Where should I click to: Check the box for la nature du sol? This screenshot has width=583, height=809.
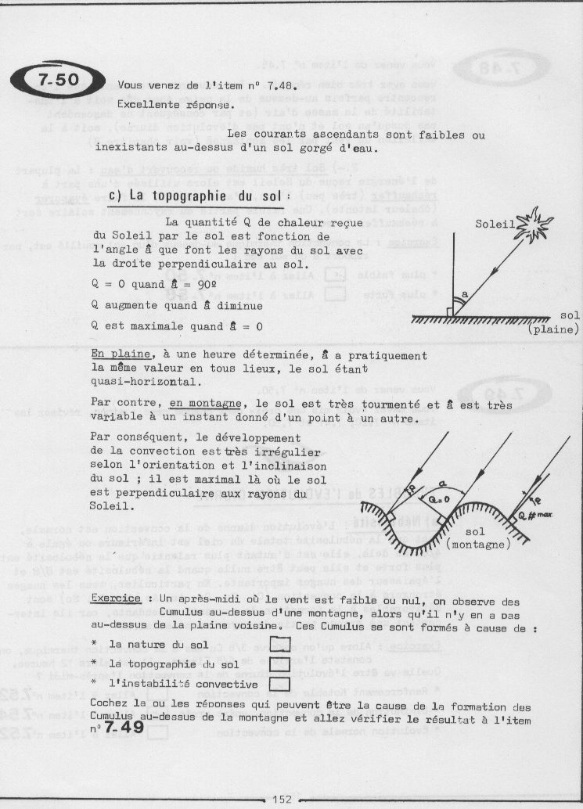tap(279, 644)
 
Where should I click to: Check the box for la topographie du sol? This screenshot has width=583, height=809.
tap(279, 663)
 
